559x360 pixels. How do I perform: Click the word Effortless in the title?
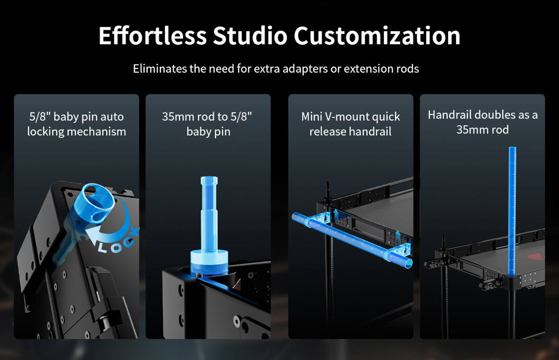(152, 36)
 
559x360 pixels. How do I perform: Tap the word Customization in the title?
(377, 36)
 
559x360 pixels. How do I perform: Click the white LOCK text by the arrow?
(118, 240)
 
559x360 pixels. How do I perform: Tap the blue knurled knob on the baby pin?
(94, 201)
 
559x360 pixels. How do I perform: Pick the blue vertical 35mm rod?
(512, 211)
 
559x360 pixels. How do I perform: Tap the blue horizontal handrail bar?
(351, 239)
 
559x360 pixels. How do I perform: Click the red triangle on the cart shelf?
(537, 256)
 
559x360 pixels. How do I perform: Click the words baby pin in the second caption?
(208, 132)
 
